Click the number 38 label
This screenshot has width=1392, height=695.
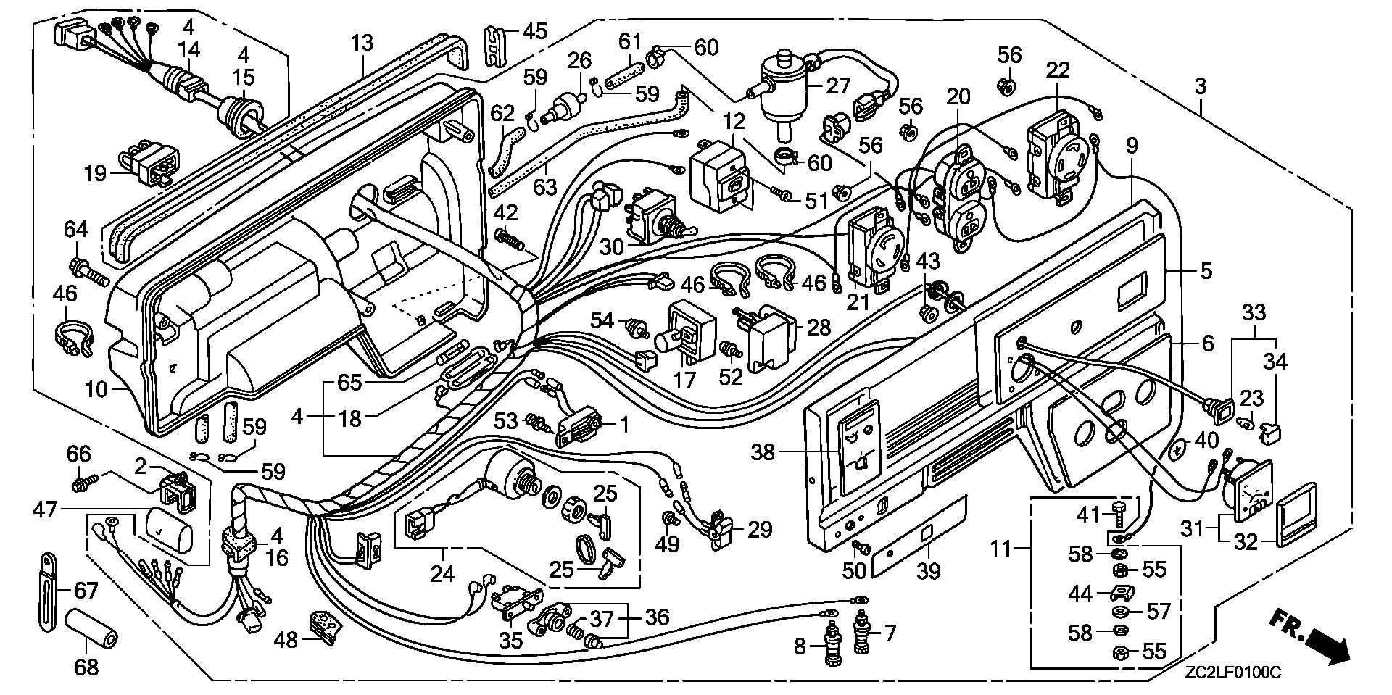(x=763, y=453)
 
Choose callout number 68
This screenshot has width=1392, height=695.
(x=86, y=666)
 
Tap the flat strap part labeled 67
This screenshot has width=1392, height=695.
(x=47, y=591)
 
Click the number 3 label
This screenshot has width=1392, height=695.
(x=1201, y=86)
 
